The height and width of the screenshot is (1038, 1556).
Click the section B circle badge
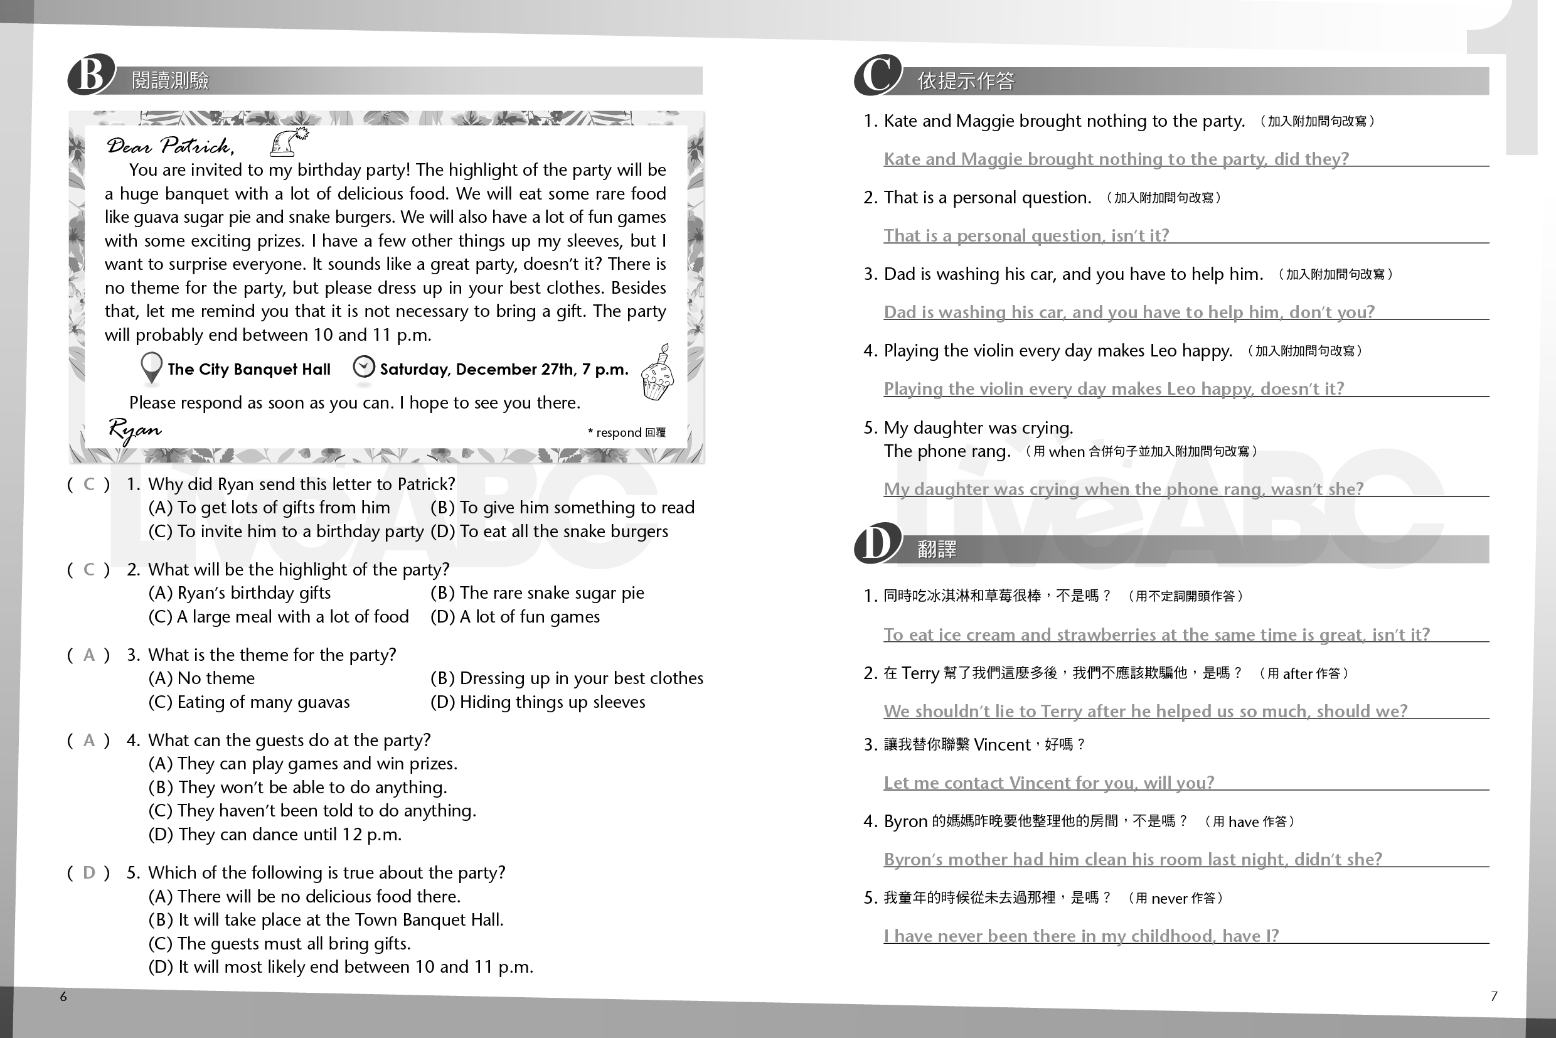pyautogui.click(x=91, y=75)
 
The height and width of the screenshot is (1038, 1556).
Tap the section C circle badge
pyautogui.click(x=878, y=75)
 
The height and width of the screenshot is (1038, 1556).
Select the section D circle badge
pyautogui.click(x=877, y=543)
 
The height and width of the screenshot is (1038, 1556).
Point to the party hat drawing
pyautogui.click(x=288, y=141)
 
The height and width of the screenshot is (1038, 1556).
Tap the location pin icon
pyautogui.click(x=152, y=367)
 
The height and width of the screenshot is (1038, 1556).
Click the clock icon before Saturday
pyautogui.click(x=363, y=367)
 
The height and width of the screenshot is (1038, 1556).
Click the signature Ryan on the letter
pyautogui.click(x=134, y=431)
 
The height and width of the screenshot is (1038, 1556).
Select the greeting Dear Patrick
pyautogui.click(x=170, y=146)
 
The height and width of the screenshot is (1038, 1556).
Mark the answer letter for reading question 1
pyautogui.click(x=88, y=484)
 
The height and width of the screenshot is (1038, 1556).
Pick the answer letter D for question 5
pyautogui.click(x=88, y=872)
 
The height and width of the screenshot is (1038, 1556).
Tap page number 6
pyautogui.click(x=63, y=997)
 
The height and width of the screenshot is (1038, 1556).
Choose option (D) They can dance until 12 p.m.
pyautogui.click(x=275, y=834)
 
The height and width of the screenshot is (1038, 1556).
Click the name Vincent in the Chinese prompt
pyautogui.click(x=1001, y=745)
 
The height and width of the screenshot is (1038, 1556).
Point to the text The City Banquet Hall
pyautogui.click(x=249, y=370)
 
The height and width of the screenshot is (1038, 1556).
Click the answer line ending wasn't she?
pyautogui.click(x=1123, y=488)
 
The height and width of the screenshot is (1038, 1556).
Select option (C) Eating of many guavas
pyautogui.click(x=249, y=702)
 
